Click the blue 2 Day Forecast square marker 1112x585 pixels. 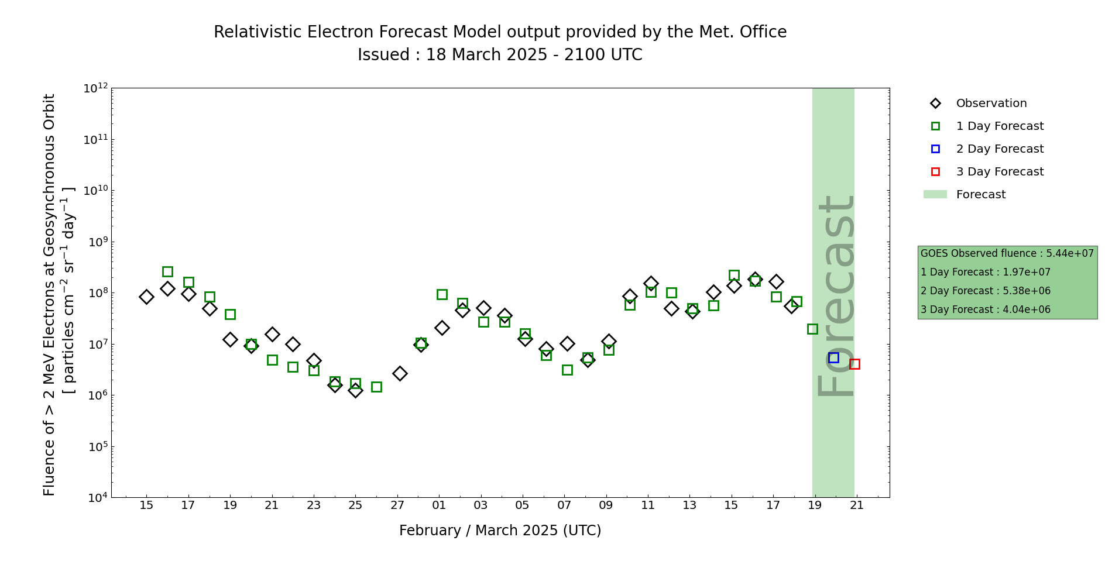click(x=833, y=357)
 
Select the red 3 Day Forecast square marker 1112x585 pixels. click(x=854, y=364)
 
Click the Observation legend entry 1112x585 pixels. click(x=991, y=104)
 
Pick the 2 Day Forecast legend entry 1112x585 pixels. click(x=999, y=149)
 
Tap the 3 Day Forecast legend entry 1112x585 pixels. click(x=999, y=172)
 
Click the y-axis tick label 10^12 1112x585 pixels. click(x=95, y=88)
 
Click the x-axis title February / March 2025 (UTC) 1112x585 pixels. click(x=500, y=531)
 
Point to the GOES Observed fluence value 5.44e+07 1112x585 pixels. click(x=1070, y=253)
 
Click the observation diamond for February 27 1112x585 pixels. click(x=400, y=373)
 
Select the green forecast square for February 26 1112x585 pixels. click(x=376, y=387)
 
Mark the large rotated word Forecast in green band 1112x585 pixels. click(x=835, y=296)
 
